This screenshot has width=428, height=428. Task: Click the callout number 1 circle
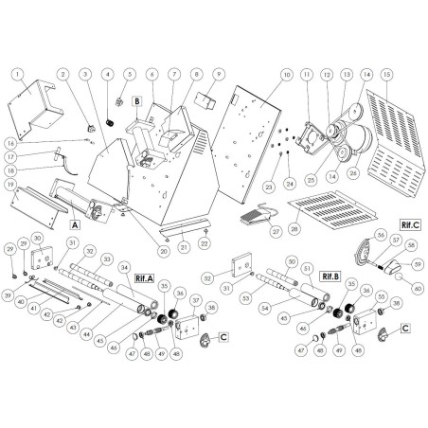[16, 72]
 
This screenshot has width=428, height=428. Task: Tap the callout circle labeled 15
[385, 74]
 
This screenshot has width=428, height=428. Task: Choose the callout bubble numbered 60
[419, 286]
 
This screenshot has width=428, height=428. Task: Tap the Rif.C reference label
[410, 226]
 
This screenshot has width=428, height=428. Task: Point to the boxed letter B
[136, 98]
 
